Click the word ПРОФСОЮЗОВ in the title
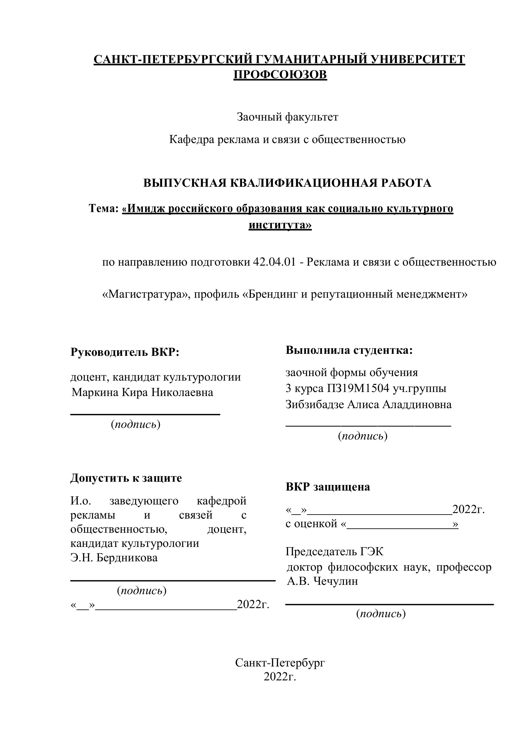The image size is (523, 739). click(280, 75)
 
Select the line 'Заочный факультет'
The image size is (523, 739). click(287, 117)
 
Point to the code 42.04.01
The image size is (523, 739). click(274, 262)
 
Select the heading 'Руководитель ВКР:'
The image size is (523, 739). click(125, 352)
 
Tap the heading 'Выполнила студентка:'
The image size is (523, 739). click(349, 350)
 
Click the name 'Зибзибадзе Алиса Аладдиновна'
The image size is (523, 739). click(368, 404)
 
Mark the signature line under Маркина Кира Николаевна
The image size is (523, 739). click(145, 414)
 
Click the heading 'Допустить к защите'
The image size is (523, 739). click(126, 478)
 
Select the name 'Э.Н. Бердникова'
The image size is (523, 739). click(114, 558)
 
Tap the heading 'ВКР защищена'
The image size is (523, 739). click(328, 487)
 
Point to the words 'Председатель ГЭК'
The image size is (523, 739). click(335, 552)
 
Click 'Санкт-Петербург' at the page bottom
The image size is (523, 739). click(280, 663)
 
